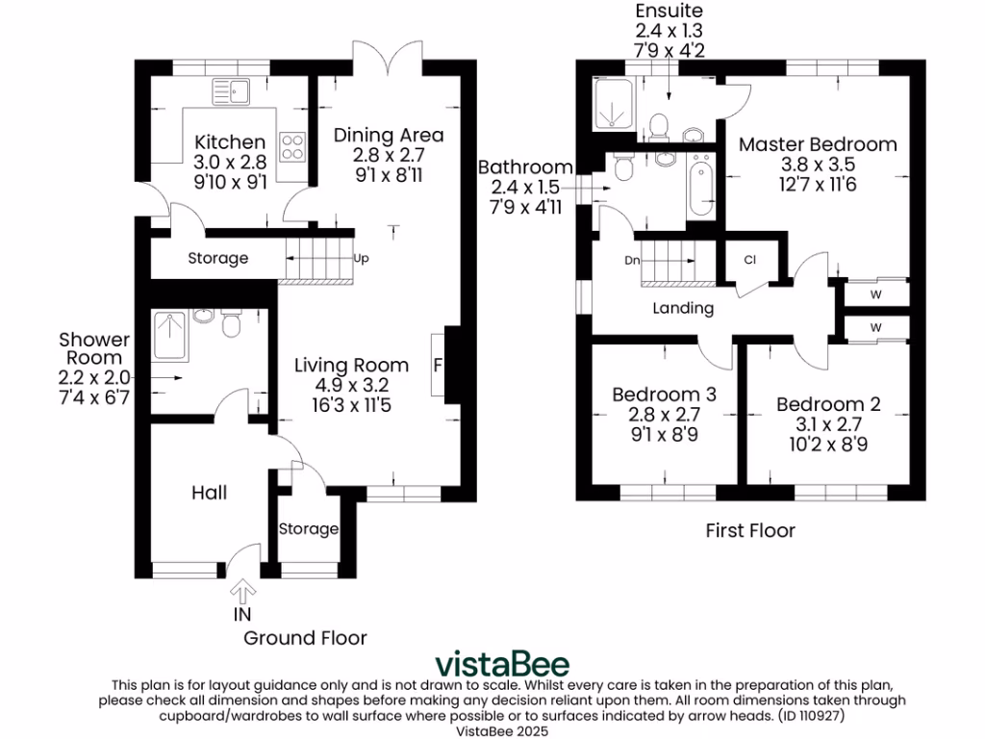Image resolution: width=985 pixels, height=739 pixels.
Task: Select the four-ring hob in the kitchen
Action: click(292, 146)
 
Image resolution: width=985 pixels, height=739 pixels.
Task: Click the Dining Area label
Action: click(389, 134)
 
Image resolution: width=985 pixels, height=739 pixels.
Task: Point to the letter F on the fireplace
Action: click(439, 366)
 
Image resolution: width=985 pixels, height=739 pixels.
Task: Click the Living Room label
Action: click(351, 365)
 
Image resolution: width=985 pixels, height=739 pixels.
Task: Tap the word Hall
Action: click(209, 493)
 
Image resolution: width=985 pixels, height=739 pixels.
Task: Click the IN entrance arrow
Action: click(241, 588)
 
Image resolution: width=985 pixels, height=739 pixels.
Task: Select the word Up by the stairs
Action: click(362, 258)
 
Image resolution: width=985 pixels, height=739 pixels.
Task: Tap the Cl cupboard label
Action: click(750, 259)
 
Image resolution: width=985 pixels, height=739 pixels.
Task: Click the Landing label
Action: click(683, 308)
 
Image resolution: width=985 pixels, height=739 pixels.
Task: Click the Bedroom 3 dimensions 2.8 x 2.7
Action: click(665, 415)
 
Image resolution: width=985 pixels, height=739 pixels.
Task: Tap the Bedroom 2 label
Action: click(828, 404)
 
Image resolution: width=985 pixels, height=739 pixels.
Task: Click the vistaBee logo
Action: click(502, 664)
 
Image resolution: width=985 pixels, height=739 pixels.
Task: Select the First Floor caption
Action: click(750, 530)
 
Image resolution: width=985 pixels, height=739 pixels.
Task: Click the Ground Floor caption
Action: click(305, 637)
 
